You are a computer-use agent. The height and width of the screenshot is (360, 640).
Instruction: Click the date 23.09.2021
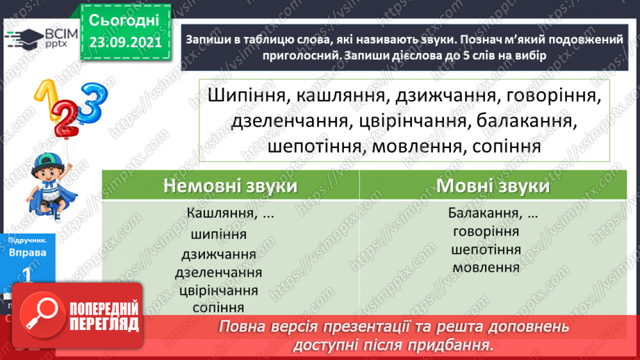[x=124, y=42]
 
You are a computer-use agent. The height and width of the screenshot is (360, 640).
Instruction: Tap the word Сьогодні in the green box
[x=124, y=19]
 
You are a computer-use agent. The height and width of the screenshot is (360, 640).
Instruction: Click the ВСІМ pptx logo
[x=35, y=41]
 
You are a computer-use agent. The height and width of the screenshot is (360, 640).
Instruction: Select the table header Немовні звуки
[x=231, y=186]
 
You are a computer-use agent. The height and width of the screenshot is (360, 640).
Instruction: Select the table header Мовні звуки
[x=493, y=186]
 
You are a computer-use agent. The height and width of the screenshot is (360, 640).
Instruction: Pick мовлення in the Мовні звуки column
[x=486, y=268]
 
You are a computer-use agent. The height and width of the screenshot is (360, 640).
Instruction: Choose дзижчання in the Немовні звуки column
[x=216, y=254]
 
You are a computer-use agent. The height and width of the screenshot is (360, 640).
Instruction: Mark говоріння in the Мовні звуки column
[x=486, y=231]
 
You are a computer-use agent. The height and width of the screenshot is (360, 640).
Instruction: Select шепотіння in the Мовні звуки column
[x=486, y=249]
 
